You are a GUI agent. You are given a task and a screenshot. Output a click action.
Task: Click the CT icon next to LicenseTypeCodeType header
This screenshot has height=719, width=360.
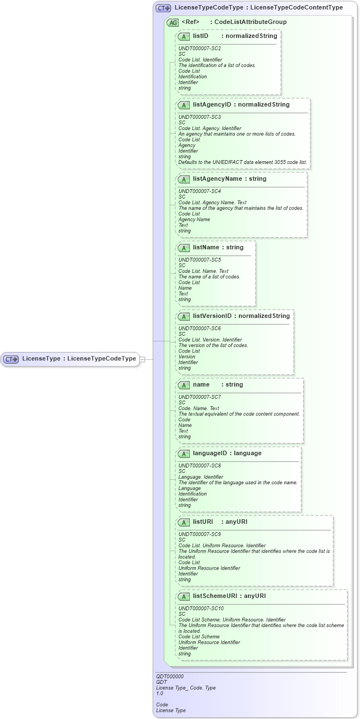point(163,8)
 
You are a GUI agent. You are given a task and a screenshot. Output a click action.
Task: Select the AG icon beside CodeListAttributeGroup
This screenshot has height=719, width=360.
point(172,22)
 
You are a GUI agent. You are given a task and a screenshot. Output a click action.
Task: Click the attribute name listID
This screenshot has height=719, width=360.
point(200,36)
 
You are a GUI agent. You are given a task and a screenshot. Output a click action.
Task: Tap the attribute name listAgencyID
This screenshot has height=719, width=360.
point(212,104)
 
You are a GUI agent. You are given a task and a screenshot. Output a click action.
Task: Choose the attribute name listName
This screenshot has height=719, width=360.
point(207,247)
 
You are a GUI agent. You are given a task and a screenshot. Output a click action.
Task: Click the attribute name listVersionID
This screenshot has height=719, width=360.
point(212,316)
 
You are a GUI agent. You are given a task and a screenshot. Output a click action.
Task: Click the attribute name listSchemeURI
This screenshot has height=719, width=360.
point(215,596)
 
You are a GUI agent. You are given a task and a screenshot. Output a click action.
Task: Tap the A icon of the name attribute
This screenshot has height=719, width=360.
point(184,385)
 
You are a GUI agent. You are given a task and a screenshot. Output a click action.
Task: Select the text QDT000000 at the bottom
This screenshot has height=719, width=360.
point(170,676)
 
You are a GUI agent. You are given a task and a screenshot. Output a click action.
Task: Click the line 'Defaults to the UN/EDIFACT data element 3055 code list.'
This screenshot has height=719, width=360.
point(242,162)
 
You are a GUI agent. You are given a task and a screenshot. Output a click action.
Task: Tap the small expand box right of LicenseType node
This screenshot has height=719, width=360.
point(142,359)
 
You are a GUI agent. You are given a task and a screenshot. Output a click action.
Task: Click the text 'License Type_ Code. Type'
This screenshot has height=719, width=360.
point(185,688)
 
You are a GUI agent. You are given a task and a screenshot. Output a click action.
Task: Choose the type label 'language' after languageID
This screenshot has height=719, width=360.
point(247,453)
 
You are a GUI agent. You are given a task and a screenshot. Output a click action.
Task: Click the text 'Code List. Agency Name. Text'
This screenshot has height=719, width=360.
point(212,202)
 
